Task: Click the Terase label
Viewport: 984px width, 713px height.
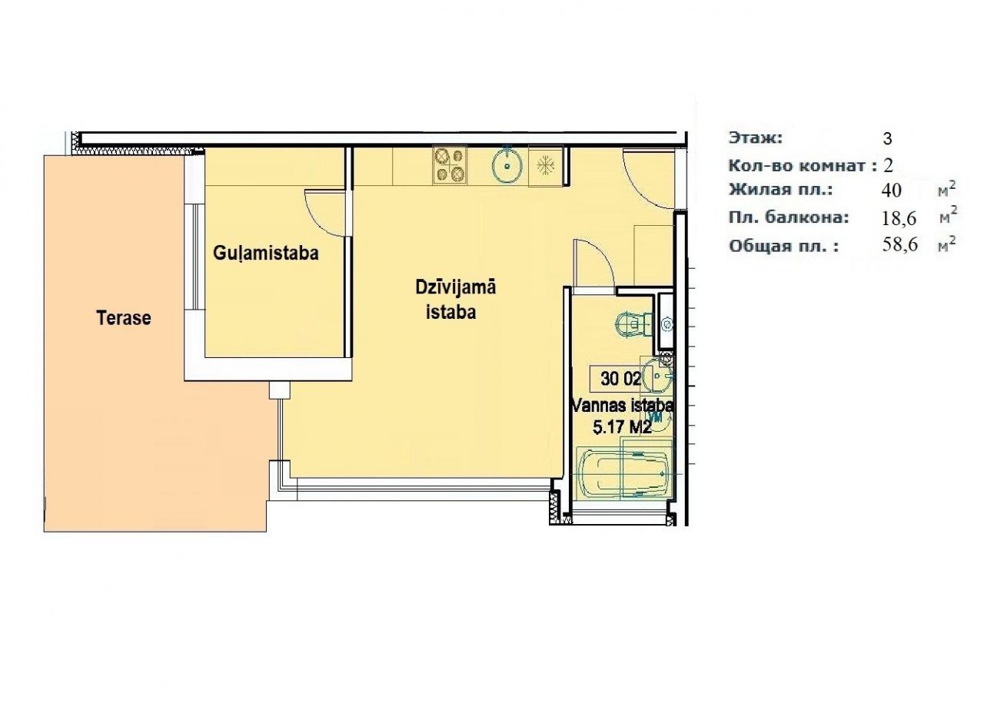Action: click(124, 318)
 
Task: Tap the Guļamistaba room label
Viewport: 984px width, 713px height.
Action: click(266, 254)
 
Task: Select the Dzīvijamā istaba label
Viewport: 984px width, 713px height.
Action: click(455, 300)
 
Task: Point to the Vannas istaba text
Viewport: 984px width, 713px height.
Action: click(623, 405)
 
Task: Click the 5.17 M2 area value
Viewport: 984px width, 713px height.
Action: click(622, 426)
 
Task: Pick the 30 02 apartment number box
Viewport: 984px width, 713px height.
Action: click(620, 379)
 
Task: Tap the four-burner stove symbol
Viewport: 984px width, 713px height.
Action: click(450, 164)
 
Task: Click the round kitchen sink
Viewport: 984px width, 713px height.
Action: click(507, 164)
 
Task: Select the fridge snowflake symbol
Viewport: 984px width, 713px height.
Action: click(546, 166)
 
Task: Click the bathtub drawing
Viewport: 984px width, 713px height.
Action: click(625, 474)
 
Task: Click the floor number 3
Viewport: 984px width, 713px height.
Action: click(887, 139)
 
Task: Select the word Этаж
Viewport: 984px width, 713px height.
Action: click(756, 138)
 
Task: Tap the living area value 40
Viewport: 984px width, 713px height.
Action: click(891, 191)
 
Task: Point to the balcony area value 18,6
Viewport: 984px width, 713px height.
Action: click(899, 218)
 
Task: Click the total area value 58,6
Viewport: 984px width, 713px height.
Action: click(900, 244)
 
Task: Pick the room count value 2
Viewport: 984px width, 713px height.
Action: click(888, 166)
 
